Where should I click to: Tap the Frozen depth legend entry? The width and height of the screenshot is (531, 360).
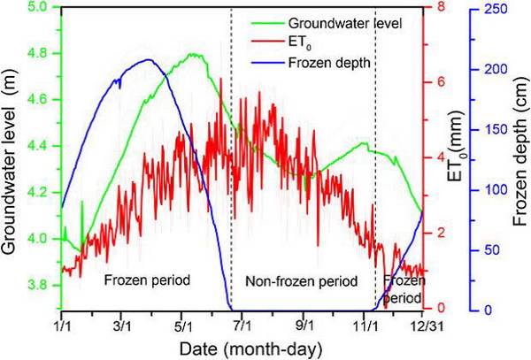(323, 63)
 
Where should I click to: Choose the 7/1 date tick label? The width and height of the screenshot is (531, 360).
(242, 324)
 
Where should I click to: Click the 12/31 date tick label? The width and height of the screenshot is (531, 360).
(422, 324)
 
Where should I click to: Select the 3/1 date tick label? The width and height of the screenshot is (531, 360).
(122, 324)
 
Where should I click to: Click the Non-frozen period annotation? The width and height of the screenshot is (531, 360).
(302, 281)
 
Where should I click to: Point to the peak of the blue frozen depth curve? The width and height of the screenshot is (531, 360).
(148, 60)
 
